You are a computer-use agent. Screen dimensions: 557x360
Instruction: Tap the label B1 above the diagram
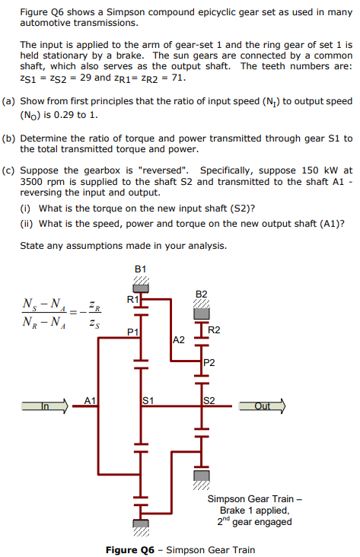coord(139,269)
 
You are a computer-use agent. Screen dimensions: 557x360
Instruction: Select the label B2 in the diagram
coord(201,294)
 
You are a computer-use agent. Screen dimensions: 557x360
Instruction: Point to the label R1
coord(132,300)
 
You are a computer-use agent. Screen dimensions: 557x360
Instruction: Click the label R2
coord(214,329)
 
